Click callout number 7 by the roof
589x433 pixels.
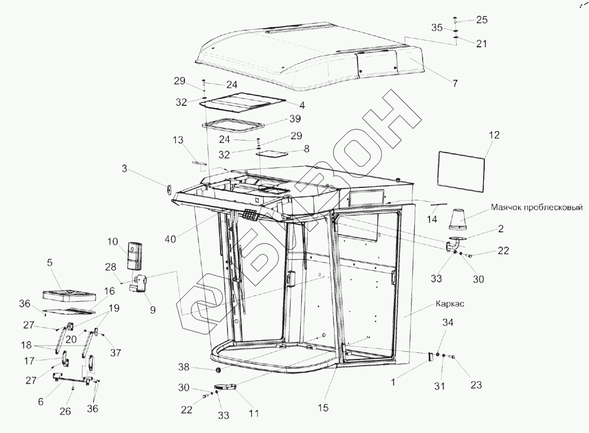point(454,84)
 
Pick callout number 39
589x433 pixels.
point(294,119)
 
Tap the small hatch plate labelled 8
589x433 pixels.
point(272,153)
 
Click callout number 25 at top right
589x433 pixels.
point(482,20)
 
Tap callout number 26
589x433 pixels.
point(65,411)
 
